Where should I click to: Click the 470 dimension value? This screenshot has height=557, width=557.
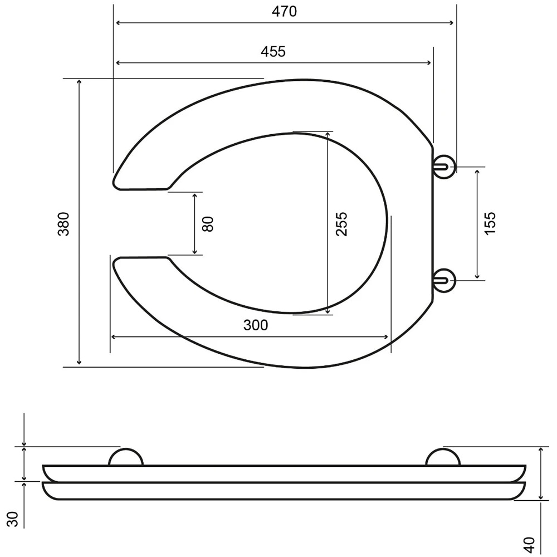click(x=285, y=11)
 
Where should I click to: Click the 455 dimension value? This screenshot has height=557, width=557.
click(x=273, y=51)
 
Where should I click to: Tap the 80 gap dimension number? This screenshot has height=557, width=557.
click(x=207, y=224)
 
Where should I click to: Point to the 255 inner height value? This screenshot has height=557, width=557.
click(x=341, y=223)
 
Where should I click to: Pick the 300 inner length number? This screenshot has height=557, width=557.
click(x=256, y=325)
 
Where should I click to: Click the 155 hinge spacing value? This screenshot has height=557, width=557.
click(x=490, y=223)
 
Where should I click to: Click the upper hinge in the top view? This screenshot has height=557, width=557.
click(x=444, y=167)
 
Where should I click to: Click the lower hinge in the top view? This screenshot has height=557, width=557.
click(x=444, y=279)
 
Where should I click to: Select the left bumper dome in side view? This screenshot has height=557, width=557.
click(x=126, y=457)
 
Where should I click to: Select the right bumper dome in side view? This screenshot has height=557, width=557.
click(x=443, y=457)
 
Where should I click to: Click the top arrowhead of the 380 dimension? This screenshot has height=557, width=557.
click(x=79, y=82)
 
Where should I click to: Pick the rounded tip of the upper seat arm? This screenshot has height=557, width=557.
click(x=116, y=183)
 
